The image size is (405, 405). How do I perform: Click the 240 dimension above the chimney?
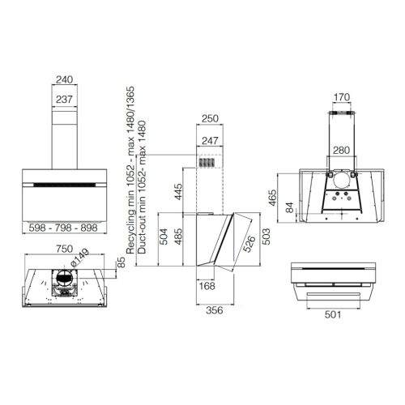tap(65, 79)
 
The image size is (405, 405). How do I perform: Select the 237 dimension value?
tap(64, 100)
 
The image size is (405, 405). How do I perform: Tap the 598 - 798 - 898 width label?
tap(63, 228)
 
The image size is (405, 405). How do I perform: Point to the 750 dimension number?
tap(64, 249)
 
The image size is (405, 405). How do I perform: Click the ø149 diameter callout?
tap(79, 258)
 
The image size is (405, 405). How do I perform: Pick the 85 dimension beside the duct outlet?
tap(122, 262)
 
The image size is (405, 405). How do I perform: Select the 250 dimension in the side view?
tap(210, 118)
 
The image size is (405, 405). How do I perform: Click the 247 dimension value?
tap(210, 141)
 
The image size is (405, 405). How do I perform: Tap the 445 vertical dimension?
tap(178, 191)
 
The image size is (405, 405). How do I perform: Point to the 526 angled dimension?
tap(249, 244)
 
